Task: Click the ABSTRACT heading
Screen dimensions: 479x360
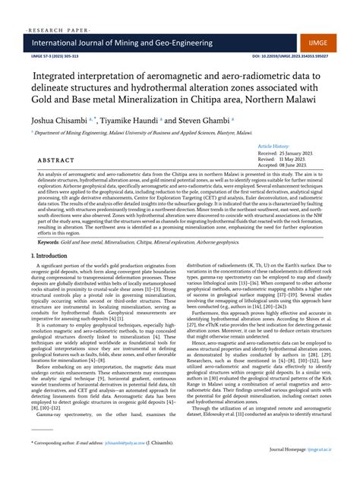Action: (x=51, y=160)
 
